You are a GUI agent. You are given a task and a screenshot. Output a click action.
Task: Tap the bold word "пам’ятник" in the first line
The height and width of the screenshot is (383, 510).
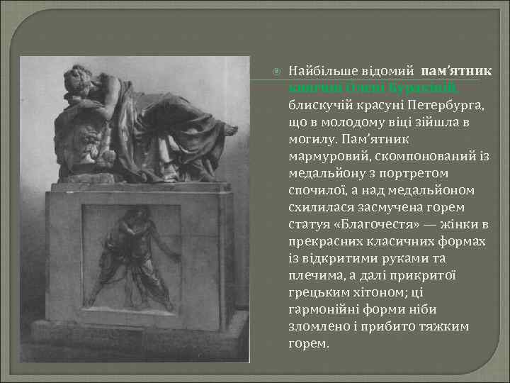(457, 72)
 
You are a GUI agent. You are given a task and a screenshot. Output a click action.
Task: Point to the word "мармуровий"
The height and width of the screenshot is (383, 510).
(324, 157)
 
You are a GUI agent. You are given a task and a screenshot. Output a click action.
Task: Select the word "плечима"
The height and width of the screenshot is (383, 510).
(318, 276)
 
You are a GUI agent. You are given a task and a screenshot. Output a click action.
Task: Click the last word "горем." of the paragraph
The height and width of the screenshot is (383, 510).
(310, 344)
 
